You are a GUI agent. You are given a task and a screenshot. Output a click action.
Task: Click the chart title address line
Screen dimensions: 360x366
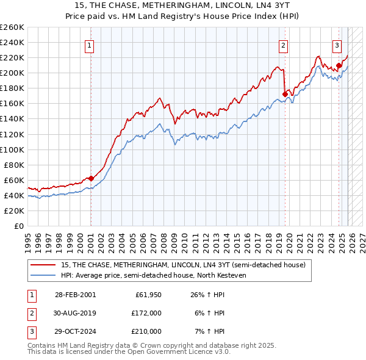click(183, 5)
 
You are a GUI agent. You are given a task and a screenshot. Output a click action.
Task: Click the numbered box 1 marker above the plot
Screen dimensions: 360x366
click(90, 45)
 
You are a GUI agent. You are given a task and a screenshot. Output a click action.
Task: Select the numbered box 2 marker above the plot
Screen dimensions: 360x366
click(284, 45)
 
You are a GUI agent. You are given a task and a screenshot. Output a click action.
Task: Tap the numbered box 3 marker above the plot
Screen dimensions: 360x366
click(337, 45)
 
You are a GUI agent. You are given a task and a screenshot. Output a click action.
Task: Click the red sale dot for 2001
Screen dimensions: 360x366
click(91, 178)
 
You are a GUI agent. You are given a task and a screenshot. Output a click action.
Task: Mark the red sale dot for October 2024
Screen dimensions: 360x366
click(339, 65)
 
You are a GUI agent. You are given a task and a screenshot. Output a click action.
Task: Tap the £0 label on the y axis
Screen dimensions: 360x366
click(18, 226)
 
